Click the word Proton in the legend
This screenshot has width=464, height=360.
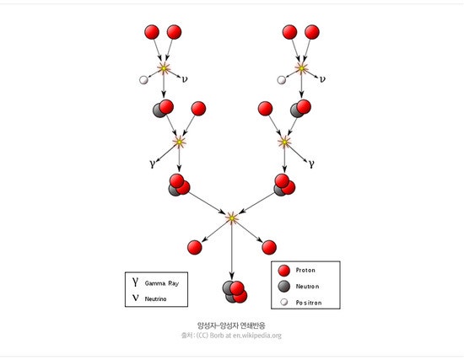pyautogui.click(x=305, y=270)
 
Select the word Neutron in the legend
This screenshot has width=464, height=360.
pyautogui.click(x=307, y=287)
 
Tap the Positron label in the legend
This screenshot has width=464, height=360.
pyautogui.click(x=309, y=303)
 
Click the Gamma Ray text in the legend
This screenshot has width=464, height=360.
pyautogui.click(x=162, y=283)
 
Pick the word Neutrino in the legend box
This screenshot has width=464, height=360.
pyautogui.click(x=156, y=299)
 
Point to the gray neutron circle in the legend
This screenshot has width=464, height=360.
pyautogui.click(x=284, y=286)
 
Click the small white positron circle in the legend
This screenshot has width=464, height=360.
pyautogui.click(x=284, y=303)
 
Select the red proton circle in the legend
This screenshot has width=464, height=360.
pyautogui.click(x=284, y=271)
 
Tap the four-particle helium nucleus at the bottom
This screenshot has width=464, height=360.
pyautogui.click(x=235, y=292)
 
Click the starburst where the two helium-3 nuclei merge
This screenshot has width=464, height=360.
pyautogui.click(x=232, y=218)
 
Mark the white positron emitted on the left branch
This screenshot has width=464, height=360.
pyautogui.click(x=143, y=80)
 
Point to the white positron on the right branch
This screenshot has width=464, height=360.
pyautogui.click(x=282, y=80)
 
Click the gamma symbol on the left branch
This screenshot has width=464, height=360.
pyautogui.click(x=153, y=164)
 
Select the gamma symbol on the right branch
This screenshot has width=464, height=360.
pyautogui.click(x=311, y=164)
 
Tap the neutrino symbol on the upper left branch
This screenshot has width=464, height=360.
pyautogui.click(x=185, y=79)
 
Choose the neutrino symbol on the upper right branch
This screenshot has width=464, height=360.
pyautogui.click(x=322, y=79)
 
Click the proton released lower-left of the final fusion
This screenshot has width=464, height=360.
pyautogui.click(x=195, y=247)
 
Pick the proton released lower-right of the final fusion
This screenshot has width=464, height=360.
pyautogui.click(x=269, y=247)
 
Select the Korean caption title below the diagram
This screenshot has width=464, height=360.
pyautogui.click(x=231, y=325)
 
